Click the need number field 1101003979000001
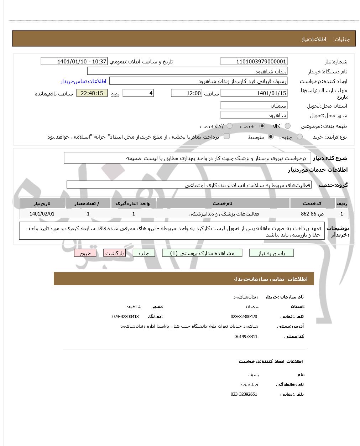254,62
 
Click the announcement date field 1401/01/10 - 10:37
74,62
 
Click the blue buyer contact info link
83,81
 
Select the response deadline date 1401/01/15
254,93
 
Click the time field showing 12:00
186,93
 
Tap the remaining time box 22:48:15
92,93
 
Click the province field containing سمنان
254,106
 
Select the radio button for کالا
288,126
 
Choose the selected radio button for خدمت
262,126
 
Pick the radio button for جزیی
300,137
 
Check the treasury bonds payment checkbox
226,136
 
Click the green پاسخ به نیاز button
272,253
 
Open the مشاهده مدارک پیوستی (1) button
202,253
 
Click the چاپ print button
144,253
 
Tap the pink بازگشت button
115,253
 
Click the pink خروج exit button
85,253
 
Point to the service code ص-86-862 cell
312,214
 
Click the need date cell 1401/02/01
42,214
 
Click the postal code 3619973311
246,337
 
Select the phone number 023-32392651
244,394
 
